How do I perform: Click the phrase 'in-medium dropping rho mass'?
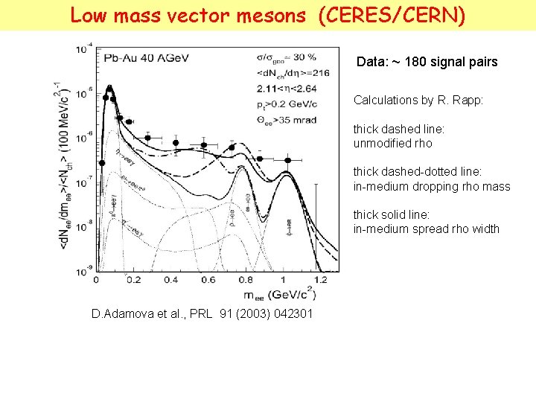[432, 186]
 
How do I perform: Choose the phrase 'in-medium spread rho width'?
[426, 229]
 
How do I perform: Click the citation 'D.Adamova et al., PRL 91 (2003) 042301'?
[202, 314]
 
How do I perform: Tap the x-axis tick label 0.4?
[170, 280]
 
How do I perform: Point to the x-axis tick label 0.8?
[245, 280]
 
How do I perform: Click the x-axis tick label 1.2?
[319, 280]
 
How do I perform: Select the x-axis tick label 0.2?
[133, 280]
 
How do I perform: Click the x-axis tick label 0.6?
[208, 280]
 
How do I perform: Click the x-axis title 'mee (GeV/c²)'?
[275, 295]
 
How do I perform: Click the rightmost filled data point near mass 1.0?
[287, 159]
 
